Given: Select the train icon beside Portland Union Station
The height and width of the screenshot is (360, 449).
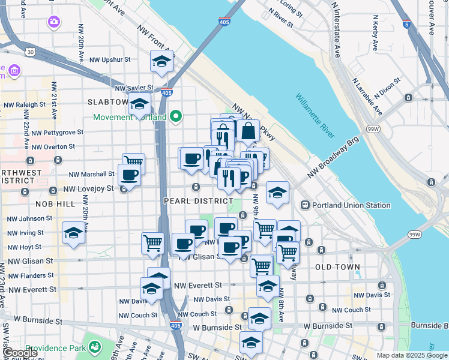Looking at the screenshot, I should tap(306, 205).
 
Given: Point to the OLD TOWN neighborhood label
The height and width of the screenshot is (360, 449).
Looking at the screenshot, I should tap(337, 267).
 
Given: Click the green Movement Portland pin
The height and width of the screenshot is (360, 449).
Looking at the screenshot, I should tap(176, 116).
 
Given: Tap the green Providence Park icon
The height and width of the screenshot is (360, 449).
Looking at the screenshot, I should tap(94, 347).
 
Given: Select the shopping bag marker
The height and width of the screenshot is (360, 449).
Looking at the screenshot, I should tap(247, 129).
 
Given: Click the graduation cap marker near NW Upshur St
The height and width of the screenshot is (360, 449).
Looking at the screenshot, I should tap(161, 61).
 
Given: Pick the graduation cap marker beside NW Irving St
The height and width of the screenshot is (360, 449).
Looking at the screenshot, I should tap(73, 232).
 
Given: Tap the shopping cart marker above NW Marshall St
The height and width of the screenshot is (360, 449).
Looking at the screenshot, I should tap(133, 161).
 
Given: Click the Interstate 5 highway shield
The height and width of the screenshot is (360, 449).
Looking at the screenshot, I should tap(408, 25).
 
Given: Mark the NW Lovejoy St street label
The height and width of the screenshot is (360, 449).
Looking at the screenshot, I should tap(88, 188).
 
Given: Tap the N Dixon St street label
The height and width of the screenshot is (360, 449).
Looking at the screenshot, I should tap(387, 87).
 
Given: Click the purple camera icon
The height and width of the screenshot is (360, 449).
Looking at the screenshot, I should tap(53, 22).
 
